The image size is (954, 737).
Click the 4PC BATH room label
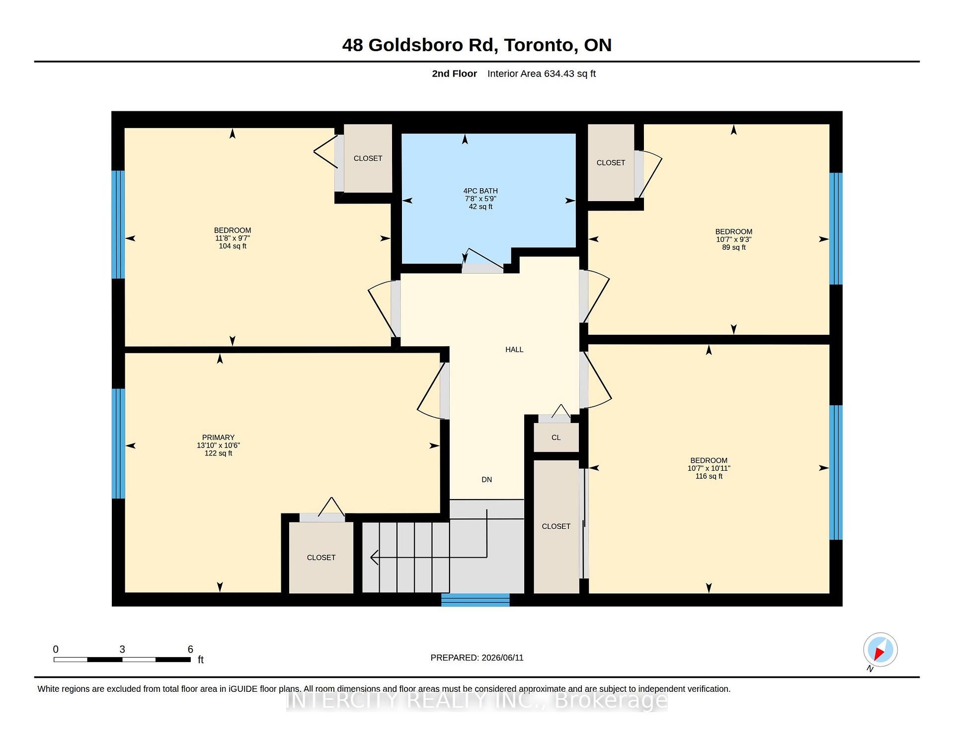[480, 191]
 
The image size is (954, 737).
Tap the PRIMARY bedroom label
[218, 438]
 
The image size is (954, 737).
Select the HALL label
[514, 350]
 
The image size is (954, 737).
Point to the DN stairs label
[487, 480]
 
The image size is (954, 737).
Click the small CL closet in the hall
[556, 438]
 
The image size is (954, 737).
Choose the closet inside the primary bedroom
[321, 557]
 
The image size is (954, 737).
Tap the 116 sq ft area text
[709, 476]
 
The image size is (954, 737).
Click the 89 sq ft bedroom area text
[734, 247]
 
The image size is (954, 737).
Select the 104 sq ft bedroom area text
[233, 246]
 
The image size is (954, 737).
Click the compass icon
[880, 650]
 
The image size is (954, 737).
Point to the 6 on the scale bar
[190, 649]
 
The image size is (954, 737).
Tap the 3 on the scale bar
[122, 649]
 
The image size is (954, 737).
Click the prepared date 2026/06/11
[502, 658]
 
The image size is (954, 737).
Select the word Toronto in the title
[541, 45]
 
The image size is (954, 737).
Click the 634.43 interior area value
[559, 74]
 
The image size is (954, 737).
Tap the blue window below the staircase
[476, 600]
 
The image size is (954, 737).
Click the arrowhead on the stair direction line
[375, 557]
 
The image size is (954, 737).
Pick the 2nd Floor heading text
[454, 74]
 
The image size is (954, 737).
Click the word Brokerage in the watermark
[611, 700]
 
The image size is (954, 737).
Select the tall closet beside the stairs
[556, 526]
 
